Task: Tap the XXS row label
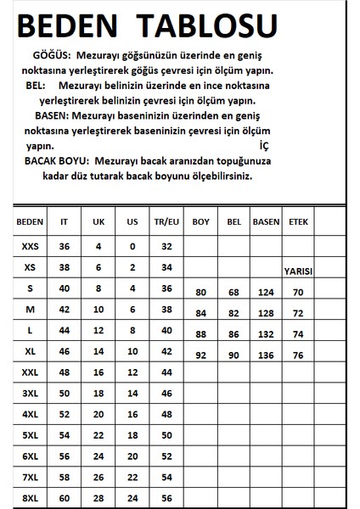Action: pos(30,246)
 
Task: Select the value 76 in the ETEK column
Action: pos(298,354)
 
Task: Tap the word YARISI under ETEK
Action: pos(298,271)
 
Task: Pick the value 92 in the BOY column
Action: pos(201,354)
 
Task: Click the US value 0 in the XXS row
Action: pos(132,246)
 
